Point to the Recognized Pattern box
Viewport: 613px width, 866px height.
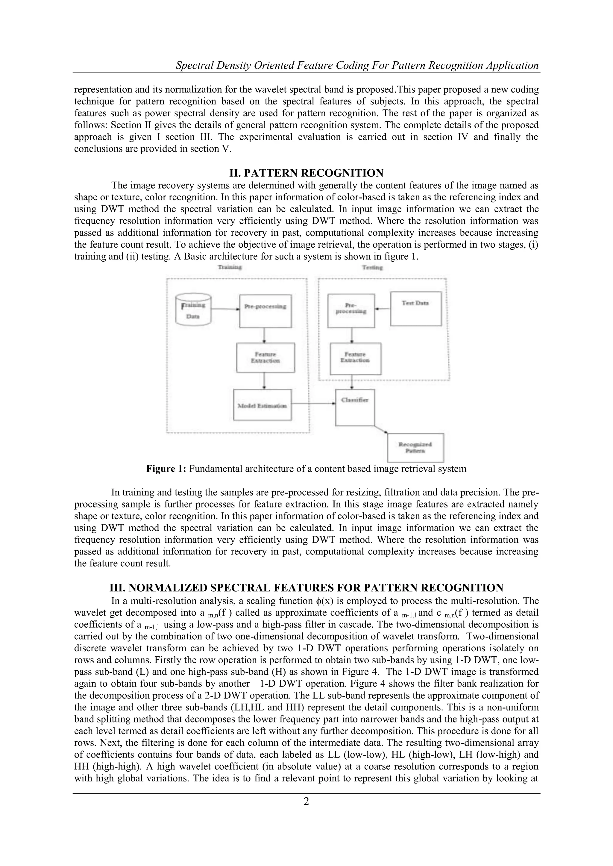pyautogui.click(x=415, y=448)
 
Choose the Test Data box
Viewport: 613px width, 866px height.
pyautogui.click(x=415, y=309)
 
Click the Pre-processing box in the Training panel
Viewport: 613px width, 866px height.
pyautogui.click(x=265, y=311)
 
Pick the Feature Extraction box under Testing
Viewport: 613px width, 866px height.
pyautogui.click(x=355, y=358)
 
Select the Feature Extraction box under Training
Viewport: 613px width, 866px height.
pyautogui.click(x=265, y=358)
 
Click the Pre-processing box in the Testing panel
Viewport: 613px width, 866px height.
pyautogui.click(x=351, y=311)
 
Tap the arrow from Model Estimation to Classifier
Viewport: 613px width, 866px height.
pyautogui.click(x=314, y=403)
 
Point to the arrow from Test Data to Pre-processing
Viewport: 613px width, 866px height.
pyautogui.click(x=382, y=309)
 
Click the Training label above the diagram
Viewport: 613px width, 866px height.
pyautogui.click(x=230, y=267)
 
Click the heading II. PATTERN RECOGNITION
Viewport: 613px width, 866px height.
pyautogui.click(x=306, y=173)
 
